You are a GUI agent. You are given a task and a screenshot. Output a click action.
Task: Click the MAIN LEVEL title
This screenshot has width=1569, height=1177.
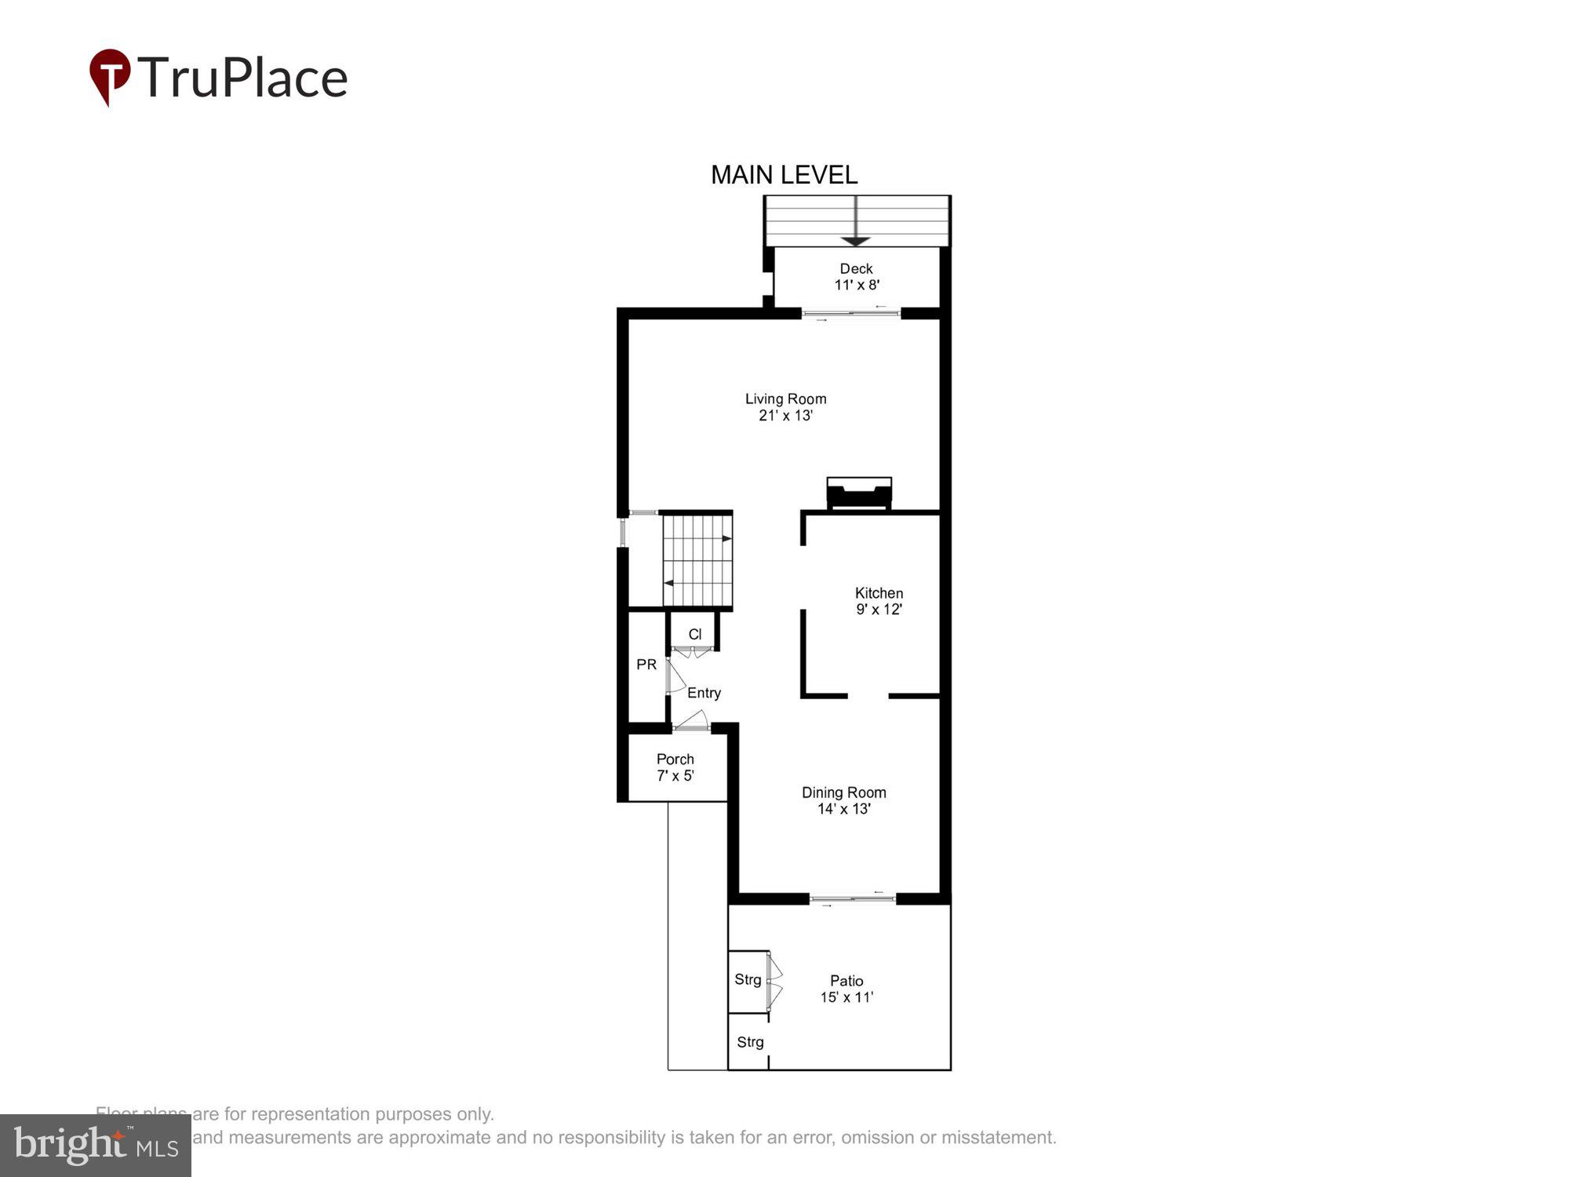tap(784, 175)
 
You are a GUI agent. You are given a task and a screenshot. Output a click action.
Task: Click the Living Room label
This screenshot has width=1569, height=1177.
tap(785, 406)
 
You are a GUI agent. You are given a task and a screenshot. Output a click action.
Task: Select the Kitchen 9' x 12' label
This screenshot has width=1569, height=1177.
tap(879, 601)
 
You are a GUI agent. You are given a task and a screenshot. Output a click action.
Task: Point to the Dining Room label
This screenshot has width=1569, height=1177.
tap(843, 800)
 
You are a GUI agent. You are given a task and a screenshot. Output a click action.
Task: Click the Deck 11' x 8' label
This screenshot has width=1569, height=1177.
tap(856, 276)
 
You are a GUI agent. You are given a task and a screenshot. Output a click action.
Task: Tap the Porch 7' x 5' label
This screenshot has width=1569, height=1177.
tap(675, 767)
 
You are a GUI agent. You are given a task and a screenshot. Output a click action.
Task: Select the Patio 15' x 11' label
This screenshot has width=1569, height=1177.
tap(846, 989)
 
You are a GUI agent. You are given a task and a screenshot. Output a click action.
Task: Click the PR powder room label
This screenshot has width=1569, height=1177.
tap(646, 665)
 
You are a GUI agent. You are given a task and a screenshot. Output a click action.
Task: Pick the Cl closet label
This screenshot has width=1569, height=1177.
tap(694, 634)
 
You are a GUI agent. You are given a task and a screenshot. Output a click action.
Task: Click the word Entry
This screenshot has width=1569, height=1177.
tap(704, 693)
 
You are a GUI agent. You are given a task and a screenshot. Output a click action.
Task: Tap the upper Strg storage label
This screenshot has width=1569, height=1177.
tap(748, 979)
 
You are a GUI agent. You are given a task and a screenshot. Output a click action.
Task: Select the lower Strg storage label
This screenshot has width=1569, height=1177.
tap(750, 1042)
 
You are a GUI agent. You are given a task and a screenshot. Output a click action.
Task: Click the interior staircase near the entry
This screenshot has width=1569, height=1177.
tap(697, 560)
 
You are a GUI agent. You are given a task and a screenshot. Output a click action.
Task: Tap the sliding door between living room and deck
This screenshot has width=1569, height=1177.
tap(851, 314)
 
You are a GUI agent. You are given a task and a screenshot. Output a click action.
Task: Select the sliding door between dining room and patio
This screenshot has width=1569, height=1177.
tap(853, 899)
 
